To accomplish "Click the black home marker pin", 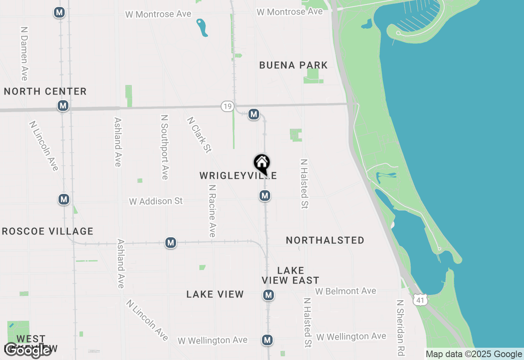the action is tap(262, 164).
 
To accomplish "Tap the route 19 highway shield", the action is tap(228, 107).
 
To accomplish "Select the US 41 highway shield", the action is tap(420, 300).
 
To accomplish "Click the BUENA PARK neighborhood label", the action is tap(294, 65).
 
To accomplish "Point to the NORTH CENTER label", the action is tap(45, 91).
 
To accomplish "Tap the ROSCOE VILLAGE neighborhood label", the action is tap(48, 232).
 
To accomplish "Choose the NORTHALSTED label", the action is tap(325, 240).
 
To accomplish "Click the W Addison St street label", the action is tap(156, 201).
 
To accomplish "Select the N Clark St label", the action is tap(199, 135).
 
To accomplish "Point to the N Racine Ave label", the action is tap(212, 211).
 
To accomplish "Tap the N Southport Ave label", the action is tap(165, 147).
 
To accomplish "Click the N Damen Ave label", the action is tap(24, 54).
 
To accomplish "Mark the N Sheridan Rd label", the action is tap(400, 327).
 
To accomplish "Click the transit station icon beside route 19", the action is tap(254, 114).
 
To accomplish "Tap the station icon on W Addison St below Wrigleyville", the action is tap(265, 196).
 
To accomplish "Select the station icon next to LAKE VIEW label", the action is tap(268, 295).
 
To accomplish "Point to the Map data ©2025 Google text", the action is tap(474, 354).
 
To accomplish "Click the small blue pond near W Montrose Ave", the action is tap(201, 27).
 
